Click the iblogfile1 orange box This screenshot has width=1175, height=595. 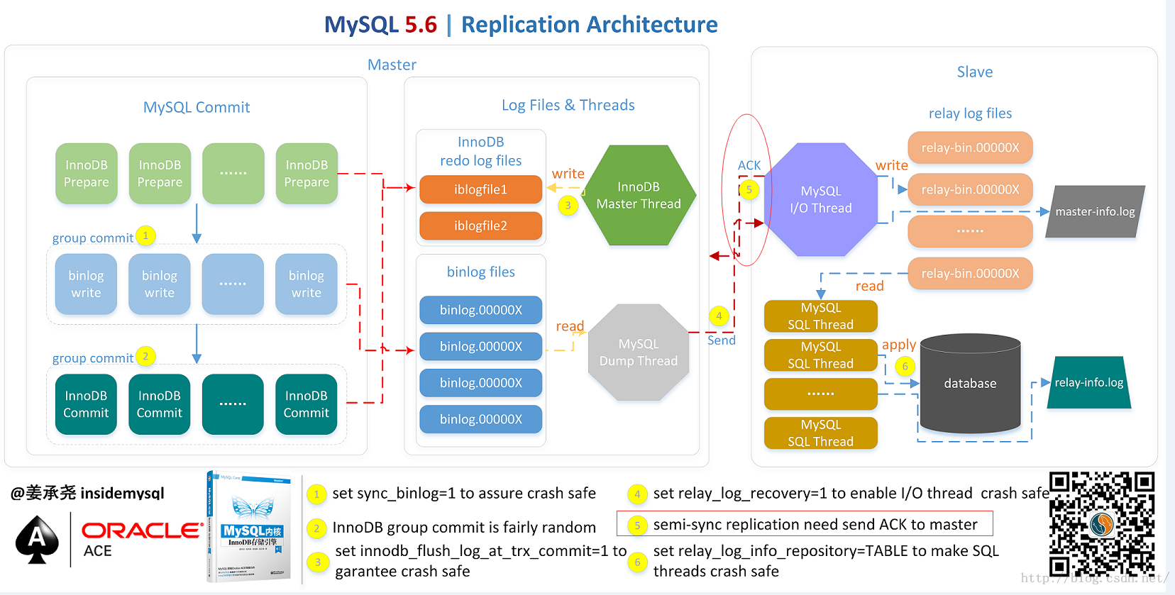[480, 189]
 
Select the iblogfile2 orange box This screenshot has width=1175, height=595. [480, 226]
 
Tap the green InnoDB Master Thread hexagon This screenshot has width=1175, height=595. [639, 196]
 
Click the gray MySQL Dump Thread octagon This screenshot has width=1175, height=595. [639, 352]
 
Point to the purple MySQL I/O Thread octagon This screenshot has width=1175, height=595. [821, 200]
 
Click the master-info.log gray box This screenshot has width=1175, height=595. [1095, 211]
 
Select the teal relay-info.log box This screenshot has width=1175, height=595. [1088, 382]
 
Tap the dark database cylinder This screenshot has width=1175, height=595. [970, 384]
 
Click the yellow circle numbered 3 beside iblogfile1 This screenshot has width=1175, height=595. [568, 206]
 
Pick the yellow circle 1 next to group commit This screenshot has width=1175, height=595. [145, 235]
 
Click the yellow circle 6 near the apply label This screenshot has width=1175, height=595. [905, 366]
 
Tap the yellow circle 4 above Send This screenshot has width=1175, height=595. [719, 316]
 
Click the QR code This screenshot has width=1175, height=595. [1102, 524]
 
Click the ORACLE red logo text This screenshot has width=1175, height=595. [142, 530]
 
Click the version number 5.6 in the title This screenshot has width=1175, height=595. [421, 25]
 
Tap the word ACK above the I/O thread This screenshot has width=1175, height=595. [749, 165]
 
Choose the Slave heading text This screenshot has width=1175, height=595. [974, 72]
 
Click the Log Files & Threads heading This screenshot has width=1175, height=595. [568, 105]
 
